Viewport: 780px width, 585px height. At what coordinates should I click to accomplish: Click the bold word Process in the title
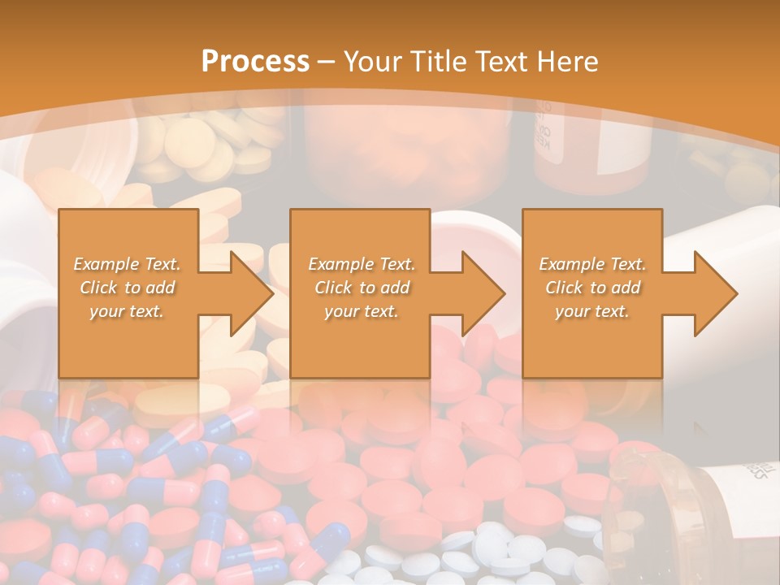click(255, 61)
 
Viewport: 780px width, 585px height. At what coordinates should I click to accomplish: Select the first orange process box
click(128, 349)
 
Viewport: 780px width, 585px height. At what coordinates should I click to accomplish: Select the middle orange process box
click(360, 349)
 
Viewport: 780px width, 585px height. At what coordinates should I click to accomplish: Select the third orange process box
click(592, 349)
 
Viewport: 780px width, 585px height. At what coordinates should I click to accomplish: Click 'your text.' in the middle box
click(361, 311)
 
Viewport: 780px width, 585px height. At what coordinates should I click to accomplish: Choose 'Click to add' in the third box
click(592, 288)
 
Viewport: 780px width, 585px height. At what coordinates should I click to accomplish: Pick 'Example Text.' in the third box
click(592, 264)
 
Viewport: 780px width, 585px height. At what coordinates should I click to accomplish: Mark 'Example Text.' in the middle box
click(361, 264)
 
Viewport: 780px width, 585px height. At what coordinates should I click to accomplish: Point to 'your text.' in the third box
click(592, 311)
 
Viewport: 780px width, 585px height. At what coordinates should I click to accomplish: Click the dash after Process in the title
click(327, 61)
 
